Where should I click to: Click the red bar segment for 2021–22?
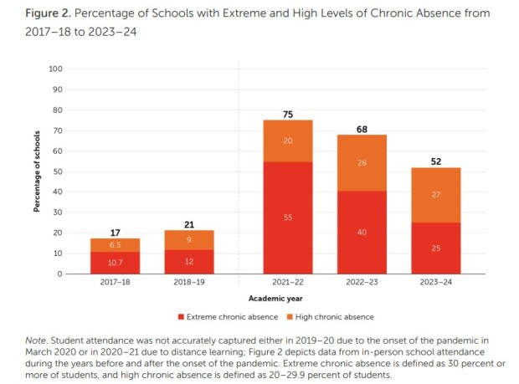click(x=287, y=218)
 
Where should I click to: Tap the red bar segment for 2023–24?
click(x=435, y=248)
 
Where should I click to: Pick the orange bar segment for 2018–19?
click(x=188, y=240)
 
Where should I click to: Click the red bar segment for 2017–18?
click(x=115, y=263)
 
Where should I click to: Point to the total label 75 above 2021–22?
click(x=287, y=114)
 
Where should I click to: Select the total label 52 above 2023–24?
click(x=435, y=161)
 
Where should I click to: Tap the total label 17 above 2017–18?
click(x=115, y=232)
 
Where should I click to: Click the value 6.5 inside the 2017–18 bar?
click(x=115, y=245)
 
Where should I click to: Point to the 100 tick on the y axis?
click(x=56, y=69)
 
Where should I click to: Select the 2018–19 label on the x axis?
click(x=188, y=283)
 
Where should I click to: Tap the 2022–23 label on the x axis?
click(x=362, y=283)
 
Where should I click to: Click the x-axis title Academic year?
click(x=275, y=298)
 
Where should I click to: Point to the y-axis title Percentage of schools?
click(x=38, y=171)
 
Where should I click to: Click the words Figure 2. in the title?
click(x=33, y=14)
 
